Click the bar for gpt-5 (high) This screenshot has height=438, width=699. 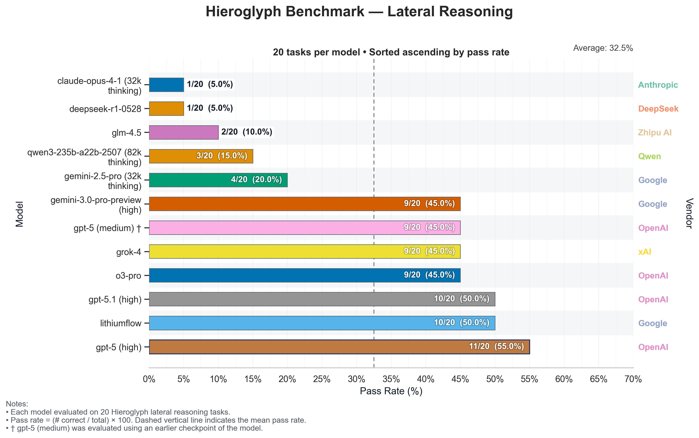pyautogui.click(x=339, y=347)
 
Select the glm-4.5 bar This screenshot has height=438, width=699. pyautogui.click(x=184, y=132)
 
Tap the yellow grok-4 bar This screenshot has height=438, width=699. pyautogui.click(x=305, y=252)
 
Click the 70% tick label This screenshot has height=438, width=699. pyautogui.click(x=633, y=379)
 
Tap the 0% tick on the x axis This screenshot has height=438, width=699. pyautogui.click(x=149, y=379)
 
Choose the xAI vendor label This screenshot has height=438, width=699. pyautogui.click(x=645, y=252)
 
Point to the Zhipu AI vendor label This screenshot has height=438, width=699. pyautogui.click(x=655, y=133)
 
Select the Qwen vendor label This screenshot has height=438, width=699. pyautogui.click(x=649, y=156)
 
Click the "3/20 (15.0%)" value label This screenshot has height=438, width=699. pyautogui.click(x=222, y=156)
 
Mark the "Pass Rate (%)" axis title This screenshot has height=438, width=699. pyautogui.click(x=391, y=391)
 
